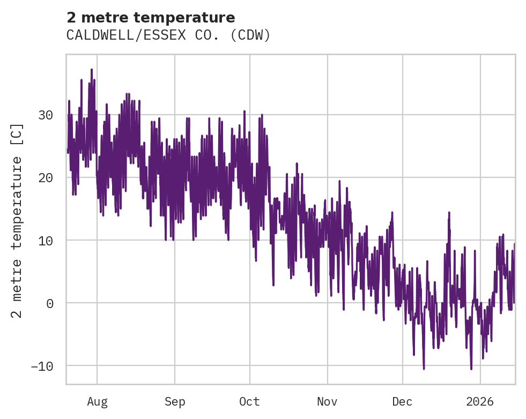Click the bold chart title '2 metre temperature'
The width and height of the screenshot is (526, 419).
(151, 18)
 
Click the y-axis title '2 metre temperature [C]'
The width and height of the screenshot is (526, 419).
(18, 220)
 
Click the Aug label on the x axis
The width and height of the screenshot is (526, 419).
(97, 401)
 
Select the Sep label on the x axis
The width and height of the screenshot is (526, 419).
(175, 401)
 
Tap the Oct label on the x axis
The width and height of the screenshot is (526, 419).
(249, 401)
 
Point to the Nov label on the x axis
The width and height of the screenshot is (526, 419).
(327, 401)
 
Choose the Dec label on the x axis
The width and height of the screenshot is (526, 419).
(402, 401)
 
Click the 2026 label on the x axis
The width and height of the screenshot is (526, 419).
(480, 401)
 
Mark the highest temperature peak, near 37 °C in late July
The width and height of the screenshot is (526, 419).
(92, 70)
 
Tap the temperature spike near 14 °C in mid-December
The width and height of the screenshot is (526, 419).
(448, 213)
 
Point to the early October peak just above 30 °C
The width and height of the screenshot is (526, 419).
(245, 111)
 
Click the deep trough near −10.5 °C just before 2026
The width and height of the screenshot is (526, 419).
(471, 369)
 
